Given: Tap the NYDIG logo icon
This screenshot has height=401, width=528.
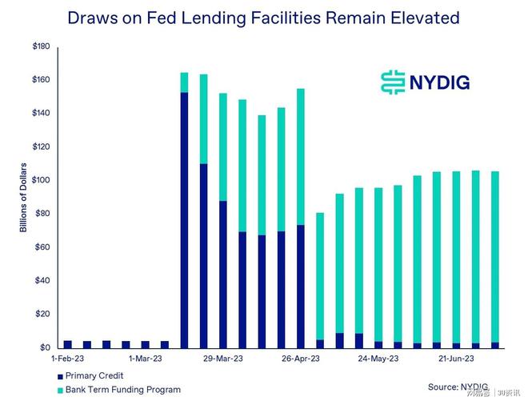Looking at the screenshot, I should (x=391, y=82).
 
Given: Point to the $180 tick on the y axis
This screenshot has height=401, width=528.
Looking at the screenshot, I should (x=41, y=47).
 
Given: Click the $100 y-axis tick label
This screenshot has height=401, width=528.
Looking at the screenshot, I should (x=41, y=181).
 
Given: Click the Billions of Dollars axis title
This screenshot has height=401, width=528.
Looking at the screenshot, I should (x=24, y=198).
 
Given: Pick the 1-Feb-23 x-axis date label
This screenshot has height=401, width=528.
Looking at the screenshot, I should (x=67, y=359).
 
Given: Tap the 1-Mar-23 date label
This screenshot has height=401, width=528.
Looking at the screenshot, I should (x=145, y=359).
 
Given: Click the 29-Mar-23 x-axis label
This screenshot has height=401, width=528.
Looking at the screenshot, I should (x=222, y=359).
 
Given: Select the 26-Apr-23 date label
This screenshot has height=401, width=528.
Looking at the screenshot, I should (x=300, y=359).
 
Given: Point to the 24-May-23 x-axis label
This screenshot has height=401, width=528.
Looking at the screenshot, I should (x=378, y=359).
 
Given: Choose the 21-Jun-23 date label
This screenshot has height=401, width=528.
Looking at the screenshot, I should (x=455, y=359).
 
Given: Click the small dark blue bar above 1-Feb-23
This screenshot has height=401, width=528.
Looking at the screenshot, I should (x=67, y=344).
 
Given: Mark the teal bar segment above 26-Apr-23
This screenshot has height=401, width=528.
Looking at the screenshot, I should (x=301, y=157).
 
